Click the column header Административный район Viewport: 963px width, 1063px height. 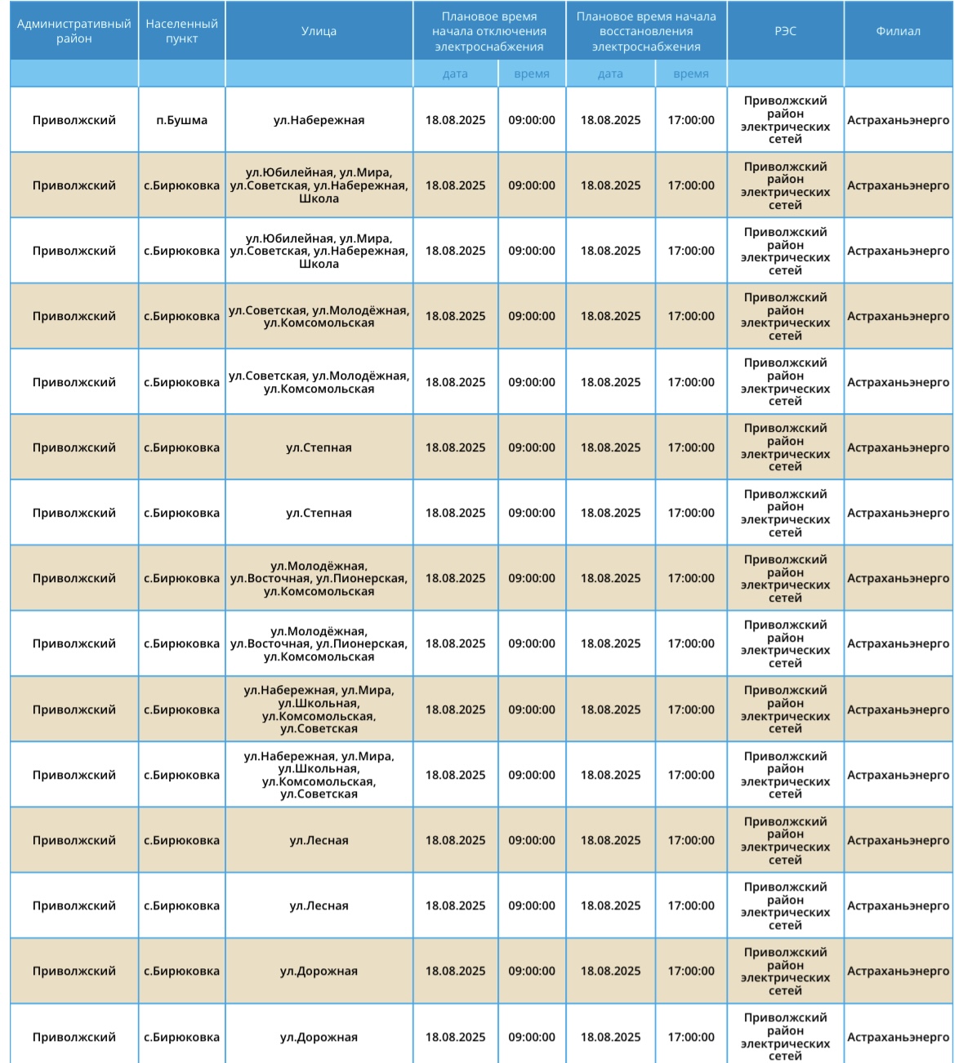click(74, 31)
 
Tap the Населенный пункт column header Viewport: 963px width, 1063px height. click(181, 31)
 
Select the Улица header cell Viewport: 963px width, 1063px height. click(319, 31)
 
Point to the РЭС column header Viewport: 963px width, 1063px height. click(785, 31)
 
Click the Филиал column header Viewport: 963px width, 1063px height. click(898, 31)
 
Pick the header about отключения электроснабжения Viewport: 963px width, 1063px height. click(488, 31)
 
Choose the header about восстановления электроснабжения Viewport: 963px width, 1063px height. click(645, 31)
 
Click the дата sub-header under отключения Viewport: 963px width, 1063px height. click(455, 73)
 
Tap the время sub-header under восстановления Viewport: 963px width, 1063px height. click(691, 73)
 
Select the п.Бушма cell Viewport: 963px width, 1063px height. click(181, 120)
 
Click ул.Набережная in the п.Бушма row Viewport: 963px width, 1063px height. click(319, 120)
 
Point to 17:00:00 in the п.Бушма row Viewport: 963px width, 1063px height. click(691, 120)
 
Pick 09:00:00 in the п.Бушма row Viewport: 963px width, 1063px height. click(532, 120)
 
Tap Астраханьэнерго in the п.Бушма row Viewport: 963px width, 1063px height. click(898, 120)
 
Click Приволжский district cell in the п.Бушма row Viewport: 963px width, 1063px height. click(74, 120)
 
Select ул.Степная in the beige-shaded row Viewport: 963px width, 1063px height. click(319, 447)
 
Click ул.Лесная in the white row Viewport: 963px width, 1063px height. click(319, 905)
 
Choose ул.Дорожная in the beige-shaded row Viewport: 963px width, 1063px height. click(319, 971)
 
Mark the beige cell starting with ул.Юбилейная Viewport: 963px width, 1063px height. click(319, 185)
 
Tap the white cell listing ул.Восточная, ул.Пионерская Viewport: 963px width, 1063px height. click(319, 643)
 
